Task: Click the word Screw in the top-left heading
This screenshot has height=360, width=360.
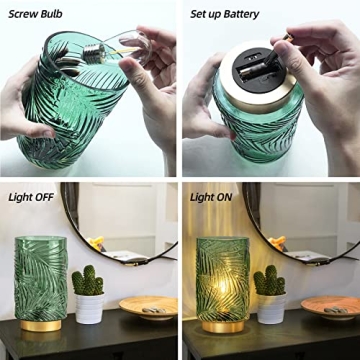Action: point(23,14)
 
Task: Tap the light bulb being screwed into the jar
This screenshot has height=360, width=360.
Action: point(100,52)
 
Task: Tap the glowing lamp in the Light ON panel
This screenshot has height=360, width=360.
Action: point(222,280)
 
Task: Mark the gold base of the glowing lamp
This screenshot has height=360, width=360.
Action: point(222,327)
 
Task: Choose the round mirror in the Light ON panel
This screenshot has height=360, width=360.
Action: point(300,220)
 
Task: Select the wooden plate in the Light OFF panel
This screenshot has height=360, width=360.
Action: point(148,307)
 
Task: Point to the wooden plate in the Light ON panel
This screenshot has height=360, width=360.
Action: point(329,307)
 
